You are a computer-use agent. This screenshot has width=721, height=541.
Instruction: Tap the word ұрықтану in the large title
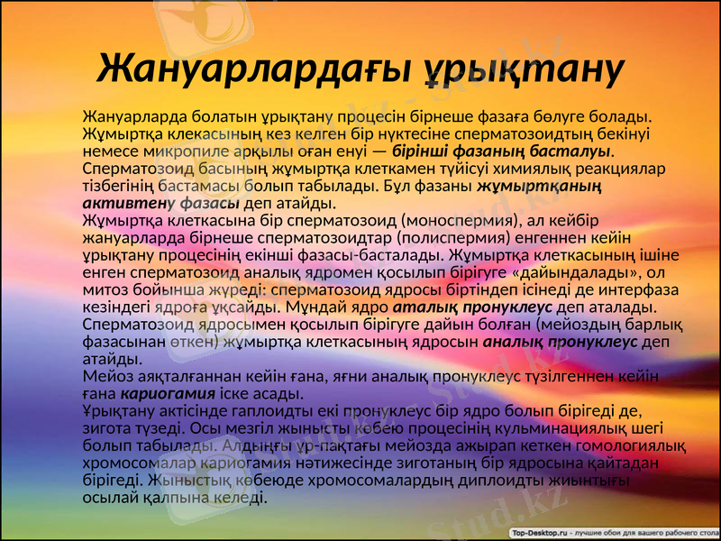pyautogui.click(x=525, y=68)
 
